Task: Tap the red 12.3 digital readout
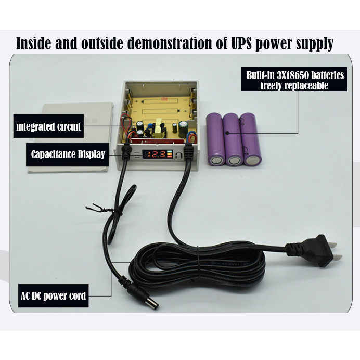[156, 155]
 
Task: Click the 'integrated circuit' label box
[49, 127]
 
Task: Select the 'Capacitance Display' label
[68, 155]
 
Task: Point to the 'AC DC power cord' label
[53, 296]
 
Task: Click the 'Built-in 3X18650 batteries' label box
[295, 80]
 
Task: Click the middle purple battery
[234, 139]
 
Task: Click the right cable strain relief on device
[188, 153]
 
